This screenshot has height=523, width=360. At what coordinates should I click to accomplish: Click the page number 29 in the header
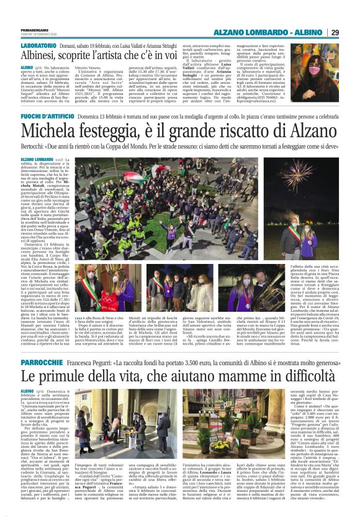(351, 32)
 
